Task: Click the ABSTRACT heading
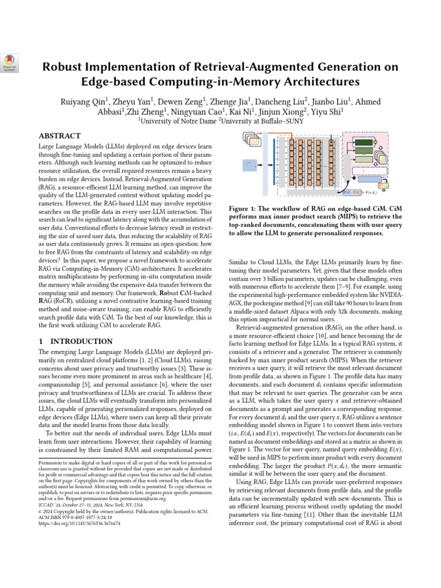tap(59, 136)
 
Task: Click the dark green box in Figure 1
tap(363, 142)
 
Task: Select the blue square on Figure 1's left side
tap(249, 164)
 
